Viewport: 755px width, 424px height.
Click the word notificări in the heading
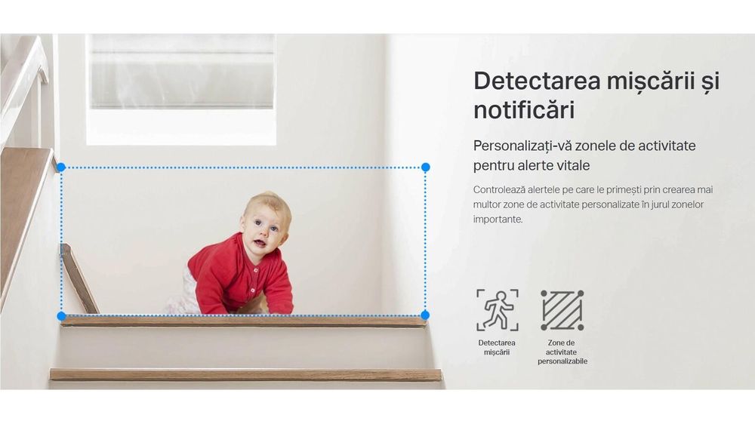coord(524,110)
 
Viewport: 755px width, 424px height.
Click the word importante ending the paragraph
coord(498,220)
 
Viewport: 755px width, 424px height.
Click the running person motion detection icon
coord(498,310)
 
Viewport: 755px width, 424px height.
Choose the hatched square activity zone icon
coord(562,310)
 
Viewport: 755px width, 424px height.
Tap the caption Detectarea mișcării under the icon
coord(497,348)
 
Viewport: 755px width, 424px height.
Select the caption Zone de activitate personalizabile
coord(562,352)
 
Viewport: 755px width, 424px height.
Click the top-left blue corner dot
coord(61,167)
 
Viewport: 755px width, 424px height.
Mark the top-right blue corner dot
coord(426,167)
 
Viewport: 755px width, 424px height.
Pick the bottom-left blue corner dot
coord(61,315)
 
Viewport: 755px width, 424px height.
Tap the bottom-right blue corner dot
coord(425,315)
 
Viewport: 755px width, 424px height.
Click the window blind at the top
coord(181,71)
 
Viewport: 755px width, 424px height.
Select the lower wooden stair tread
coord(245,374)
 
